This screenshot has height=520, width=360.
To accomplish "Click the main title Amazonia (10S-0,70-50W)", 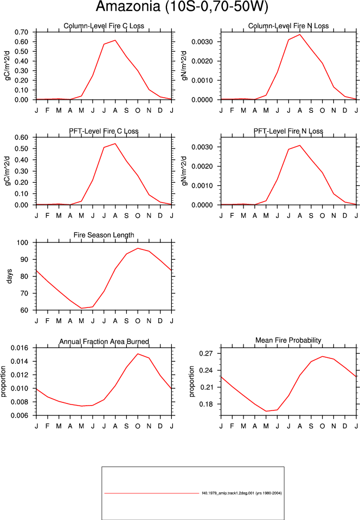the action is tap(182, 7).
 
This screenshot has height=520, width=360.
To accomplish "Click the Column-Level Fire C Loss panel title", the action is tap(104, 26).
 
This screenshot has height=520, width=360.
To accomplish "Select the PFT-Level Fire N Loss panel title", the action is tap(288, 131).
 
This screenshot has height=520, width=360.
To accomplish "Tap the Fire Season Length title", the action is tap(104, 235).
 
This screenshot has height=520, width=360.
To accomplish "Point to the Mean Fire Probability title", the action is tap(288, 341).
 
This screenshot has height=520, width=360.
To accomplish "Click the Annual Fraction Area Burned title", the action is tap(104, 342).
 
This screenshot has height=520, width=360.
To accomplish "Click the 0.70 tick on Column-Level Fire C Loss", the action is tap(21, 32).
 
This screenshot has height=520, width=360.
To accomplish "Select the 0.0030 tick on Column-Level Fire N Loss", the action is tap(202, 42).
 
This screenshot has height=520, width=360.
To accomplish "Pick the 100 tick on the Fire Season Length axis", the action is tap(23, 242).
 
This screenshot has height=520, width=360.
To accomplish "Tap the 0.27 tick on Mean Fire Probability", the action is tap(206, 354).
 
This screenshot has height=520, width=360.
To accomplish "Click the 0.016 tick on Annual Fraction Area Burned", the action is tap(20, 348).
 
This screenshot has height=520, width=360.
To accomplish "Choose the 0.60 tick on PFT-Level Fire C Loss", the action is tap(21, 137).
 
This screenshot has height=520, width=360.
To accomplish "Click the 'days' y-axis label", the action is tap(9, 276).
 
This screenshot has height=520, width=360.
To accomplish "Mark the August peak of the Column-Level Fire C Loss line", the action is tap(115, 40).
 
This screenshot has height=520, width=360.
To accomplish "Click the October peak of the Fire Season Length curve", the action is tap(138, 248).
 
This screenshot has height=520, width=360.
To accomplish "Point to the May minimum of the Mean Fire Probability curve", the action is tap(266, 411).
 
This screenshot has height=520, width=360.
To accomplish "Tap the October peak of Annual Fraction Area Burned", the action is tap(138, 354).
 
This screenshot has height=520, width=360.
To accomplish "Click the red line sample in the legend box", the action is tap(151, 493).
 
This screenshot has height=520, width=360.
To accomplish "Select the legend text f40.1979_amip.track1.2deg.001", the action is tap(228, 493).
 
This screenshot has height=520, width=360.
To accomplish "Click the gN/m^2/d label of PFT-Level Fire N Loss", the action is tap(185, 171).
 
